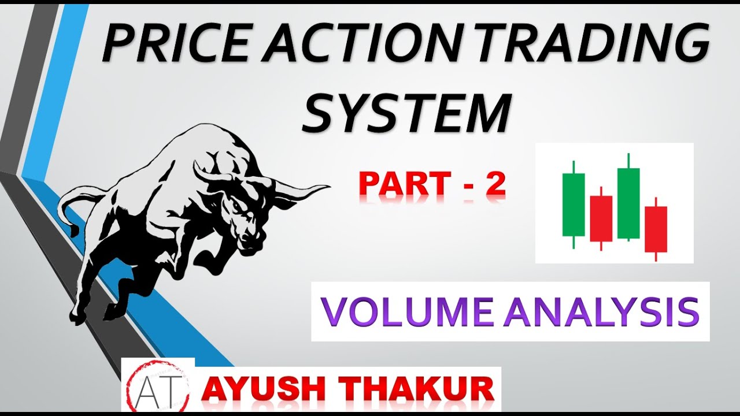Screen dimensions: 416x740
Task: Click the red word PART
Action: point(404,184)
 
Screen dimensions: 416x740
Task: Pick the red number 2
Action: point(495,184)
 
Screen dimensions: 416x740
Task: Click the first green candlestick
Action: point(573,205)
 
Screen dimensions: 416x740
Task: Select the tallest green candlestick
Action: point(628,203)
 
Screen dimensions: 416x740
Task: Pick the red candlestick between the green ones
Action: point(601,218)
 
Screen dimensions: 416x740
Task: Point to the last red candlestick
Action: point(656,229)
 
